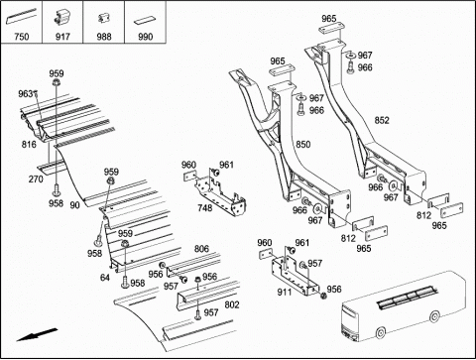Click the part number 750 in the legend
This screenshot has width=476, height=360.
coord(22,37)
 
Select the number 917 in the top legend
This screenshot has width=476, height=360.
coord(62,37)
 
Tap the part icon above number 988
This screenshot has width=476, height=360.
coord(103,18)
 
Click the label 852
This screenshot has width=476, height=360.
coord(382,120)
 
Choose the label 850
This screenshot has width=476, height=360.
coord(302,145)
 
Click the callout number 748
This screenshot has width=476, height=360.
coord(205,208)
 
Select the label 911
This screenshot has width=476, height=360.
coord(285,293)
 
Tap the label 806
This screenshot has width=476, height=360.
coord(201,249)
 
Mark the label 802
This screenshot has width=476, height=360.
coord(232,304)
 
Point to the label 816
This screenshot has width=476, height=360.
coord(29,144)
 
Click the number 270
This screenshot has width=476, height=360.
coord(36,179)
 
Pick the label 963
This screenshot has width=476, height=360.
coord(26,94)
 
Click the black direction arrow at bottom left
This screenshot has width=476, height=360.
coord(37,334)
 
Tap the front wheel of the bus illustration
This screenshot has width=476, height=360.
coord(382,332)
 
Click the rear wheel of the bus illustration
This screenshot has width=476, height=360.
coord(435,316)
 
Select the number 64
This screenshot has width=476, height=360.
coord(105,278)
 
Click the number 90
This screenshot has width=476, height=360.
coord(74,205)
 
